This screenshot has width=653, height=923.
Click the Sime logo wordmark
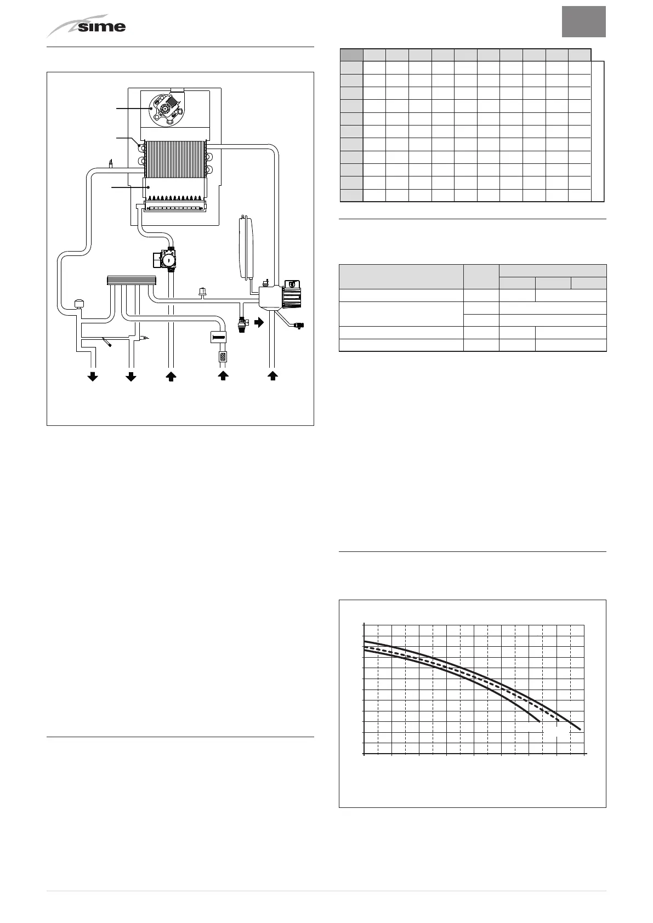(101, 26)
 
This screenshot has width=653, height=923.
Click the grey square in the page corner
(584, 22)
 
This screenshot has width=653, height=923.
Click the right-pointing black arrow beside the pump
(259, 322)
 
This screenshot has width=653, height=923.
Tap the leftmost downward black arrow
(93, 376)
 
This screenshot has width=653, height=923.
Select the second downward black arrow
(131, 376)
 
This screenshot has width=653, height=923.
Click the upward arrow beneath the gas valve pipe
(171, 376)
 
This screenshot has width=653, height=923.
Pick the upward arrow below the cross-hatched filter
(223, 376)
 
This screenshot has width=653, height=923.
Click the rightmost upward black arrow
(272, 376)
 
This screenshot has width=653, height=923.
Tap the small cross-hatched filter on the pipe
(223, 357)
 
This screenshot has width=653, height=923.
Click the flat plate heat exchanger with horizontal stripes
(130, 281)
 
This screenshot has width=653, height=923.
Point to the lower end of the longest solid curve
(580, 729)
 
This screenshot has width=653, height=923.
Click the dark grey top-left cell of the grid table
(351, 54)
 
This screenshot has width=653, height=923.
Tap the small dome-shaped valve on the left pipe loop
(78, 304)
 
